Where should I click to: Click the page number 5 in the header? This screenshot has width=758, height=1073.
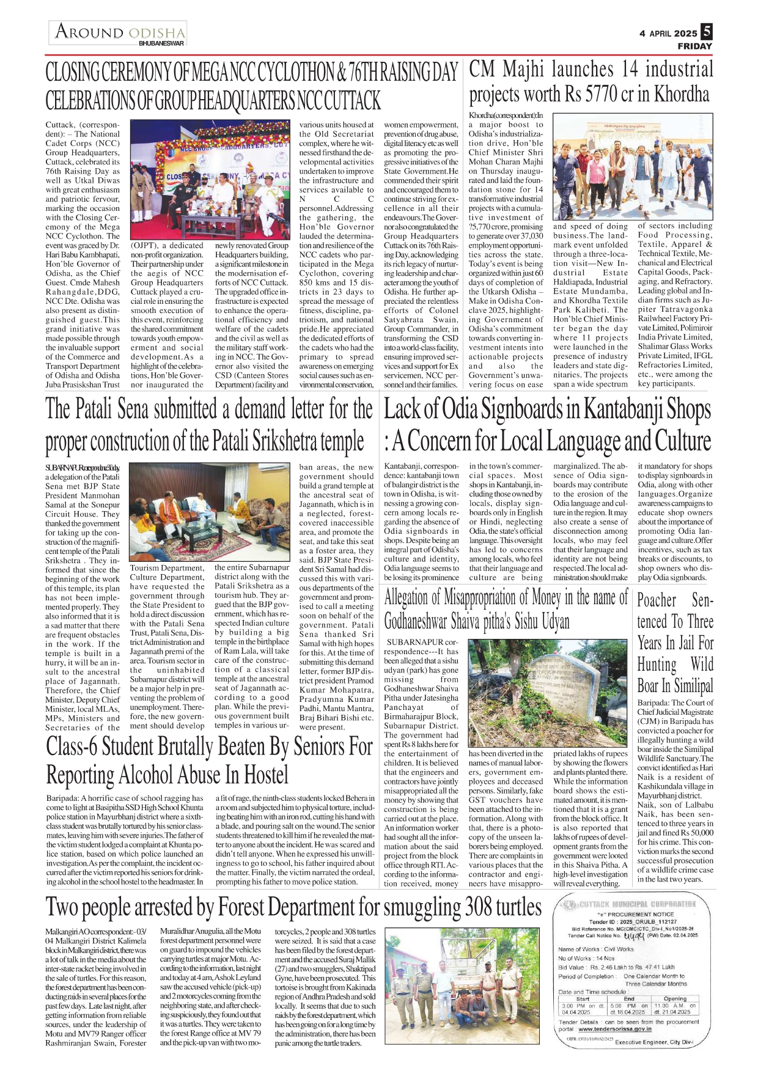(707, 31)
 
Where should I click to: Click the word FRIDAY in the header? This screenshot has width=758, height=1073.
(694, 46)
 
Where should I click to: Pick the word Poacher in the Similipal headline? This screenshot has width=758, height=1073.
(657, 600)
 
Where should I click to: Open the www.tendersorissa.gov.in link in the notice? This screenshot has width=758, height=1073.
(614, 1029)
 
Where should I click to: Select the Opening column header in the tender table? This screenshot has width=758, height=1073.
(674, 999)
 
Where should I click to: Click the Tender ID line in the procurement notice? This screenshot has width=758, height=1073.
(632, 921)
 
